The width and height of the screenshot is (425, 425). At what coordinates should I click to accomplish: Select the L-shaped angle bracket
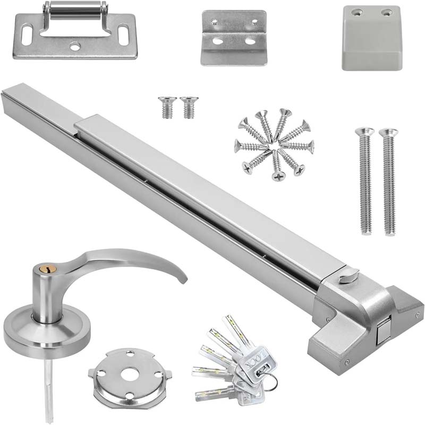click(x=233, y=37)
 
